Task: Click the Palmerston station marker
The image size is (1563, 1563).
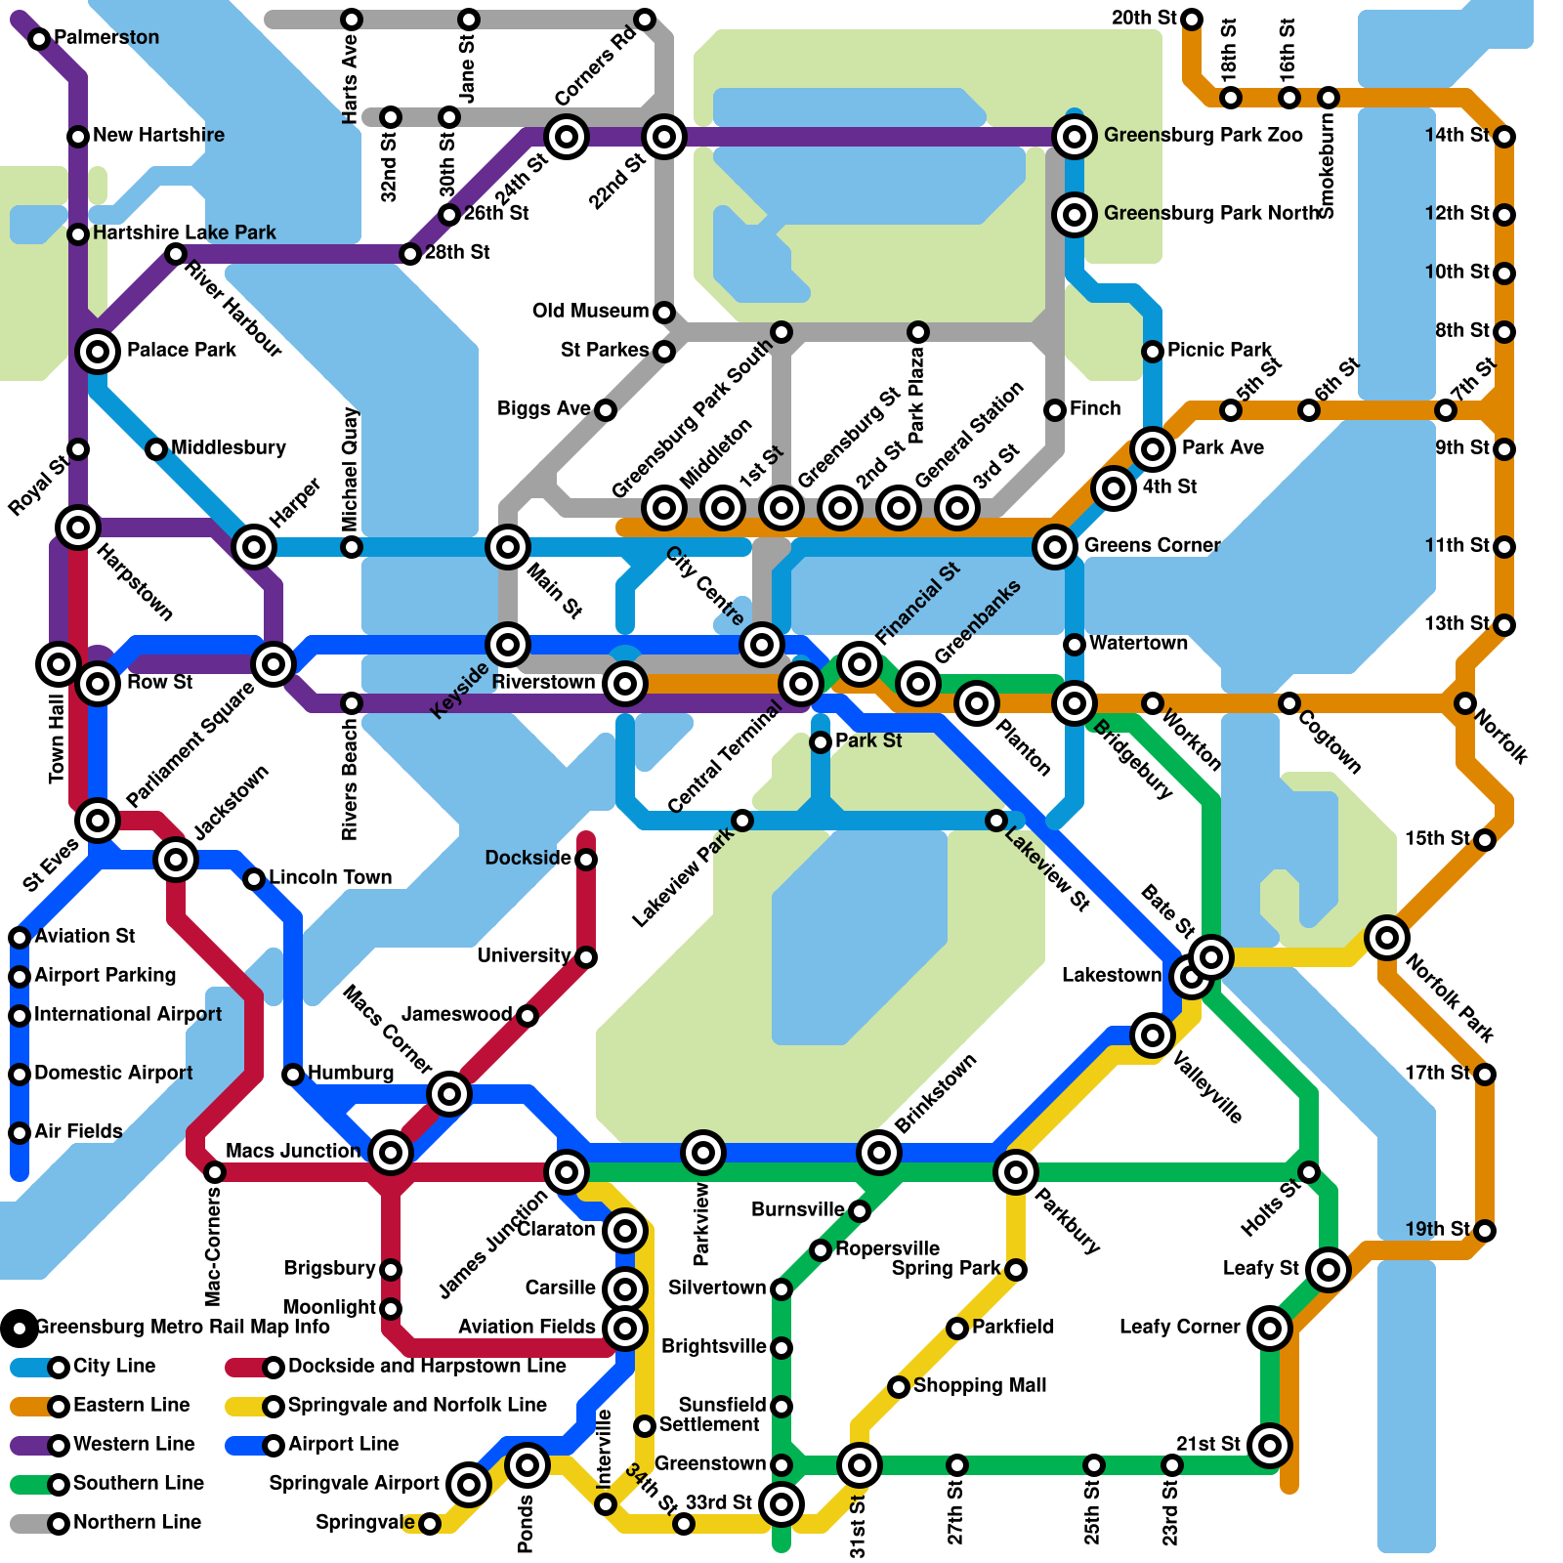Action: [39, 39]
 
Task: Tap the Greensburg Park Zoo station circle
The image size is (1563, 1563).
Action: [1074, 137]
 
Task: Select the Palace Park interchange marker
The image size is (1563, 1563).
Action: [98, 351]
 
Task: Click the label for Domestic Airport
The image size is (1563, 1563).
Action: [113, 1073]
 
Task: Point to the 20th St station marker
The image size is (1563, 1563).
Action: [1192, 20]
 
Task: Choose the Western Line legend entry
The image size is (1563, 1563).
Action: [134, 1444]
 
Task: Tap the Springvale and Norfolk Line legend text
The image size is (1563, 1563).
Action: [417, 1405]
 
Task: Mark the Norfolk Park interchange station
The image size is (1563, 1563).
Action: [1386, 938]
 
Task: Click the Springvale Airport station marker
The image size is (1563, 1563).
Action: [468, 1484]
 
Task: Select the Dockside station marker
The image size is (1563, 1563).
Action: [586, 860]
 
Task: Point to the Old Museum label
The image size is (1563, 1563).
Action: [590, 311]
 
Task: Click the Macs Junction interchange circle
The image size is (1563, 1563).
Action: [390, 1153]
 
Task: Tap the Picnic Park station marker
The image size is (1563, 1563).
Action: [1153, 352]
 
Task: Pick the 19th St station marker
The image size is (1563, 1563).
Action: [1485, 1231]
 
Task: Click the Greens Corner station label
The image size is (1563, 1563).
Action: [1152, 545]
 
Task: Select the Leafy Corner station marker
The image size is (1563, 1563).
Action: [1269, 1329]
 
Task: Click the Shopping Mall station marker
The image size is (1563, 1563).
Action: [899, 1387]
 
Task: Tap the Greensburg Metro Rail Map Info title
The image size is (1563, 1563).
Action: [183, 1327]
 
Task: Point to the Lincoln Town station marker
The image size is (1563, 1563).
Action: [254, 879]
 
